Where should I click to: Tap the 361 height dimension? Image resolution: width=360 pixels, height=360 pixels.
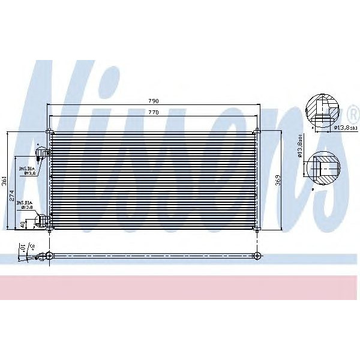(x=4, y=180)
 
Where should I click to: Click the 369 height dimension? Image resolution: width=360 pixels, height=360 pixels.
(x=277, y=180)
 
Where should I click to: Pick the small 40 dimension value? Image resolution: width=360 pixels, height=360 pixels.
(x=23, y=224)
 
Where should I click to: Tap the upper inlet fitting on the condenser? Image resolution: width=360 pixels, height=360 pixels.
(x=41, y=154)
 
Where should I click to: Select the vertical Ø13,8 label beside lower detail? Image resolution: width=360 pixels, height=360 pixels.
(x=299, y=148)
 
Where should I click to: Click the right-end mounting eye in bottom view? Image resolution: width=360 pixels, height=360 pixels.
(x=257, y=256)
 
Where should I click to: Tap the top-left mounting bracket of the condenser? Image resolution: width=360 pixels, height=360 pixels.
(x=49, y=131)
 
